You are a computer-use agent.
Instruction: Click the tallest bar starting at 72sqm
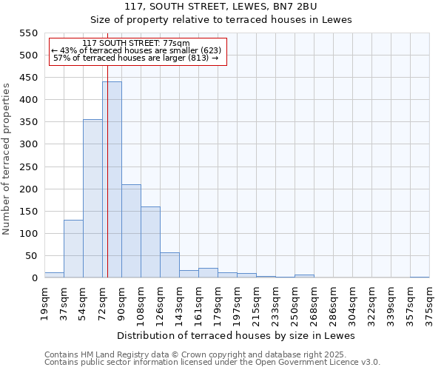[x=112, y=180]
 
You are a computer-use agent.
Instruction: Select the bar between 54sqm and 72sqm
[x=92, y=198]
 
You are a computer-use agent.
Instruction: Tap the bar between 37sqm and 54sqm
[x=73, y=249]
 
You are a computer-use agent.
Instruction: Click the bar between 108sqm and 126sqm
[x=150, y=242]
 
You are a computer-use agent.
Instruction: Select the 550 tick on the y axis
[x=27, y=33]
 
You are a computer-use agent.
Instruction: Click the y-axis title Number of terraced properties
[x=7, y=159]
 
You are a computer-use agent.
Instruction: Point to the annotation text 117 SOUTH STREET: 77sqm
[x=136, y=44]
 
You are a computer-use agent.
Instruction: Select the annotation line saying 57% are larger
[x=136, y=58]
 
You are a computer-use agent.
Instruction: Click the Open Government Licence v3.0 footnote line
[x=212, y=363]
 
